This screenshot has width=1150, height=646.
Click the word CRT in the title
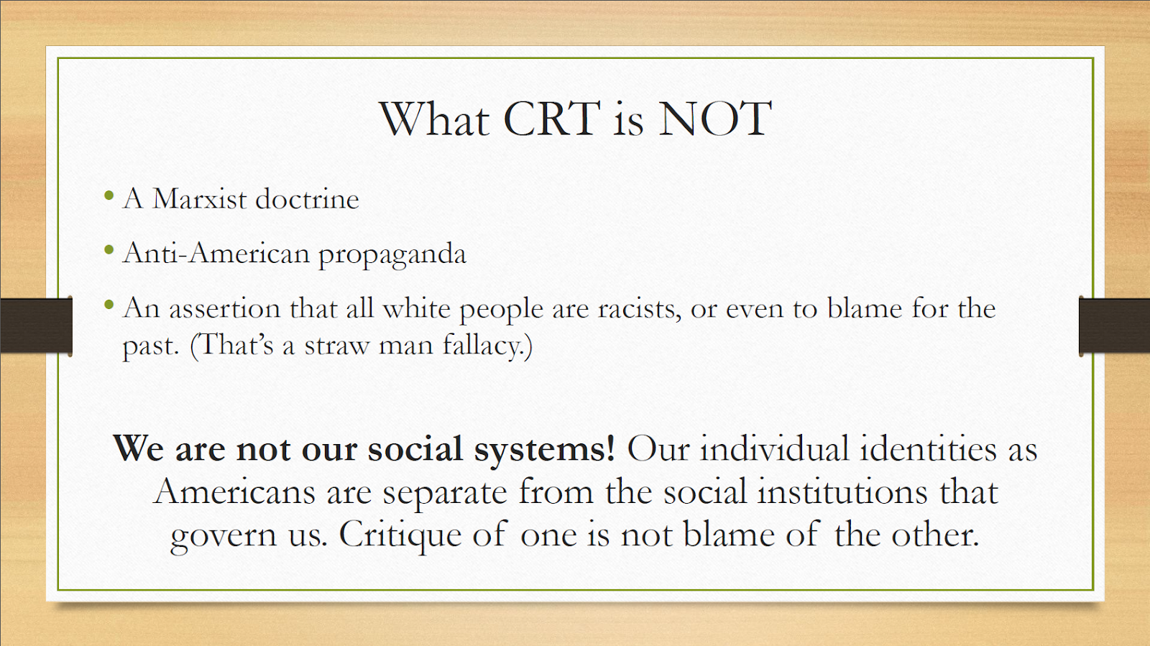tap(552, 119)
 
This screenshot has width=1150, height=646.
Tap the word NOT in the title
tap(715, 119)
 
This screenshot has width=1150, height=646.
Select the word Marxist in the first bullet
tap(200, 198)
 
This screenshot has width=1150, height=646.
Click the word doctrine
tap(307, 198)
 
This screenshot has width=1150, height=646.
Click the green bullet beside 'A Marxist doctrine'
tap(109, 195)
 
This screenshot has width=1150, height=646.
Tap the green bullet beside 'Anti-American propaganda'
tap(109, 250)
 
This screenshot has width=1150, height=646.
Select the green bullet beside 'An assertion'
tap(109, 305)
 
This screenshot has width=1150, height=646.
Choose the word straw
tap(337, 346)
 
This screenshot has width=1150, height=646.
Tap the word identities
tap(928, 448)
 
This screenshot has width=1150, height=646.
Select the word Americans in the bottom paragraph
tap(234, 492)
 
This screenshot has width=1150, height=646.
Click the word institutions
tap(842, 492)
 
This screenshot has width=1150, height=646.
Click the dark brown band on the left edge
tap(36, 326)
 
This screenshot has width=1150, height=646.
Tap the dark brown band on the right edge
tap(1114, 326)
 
